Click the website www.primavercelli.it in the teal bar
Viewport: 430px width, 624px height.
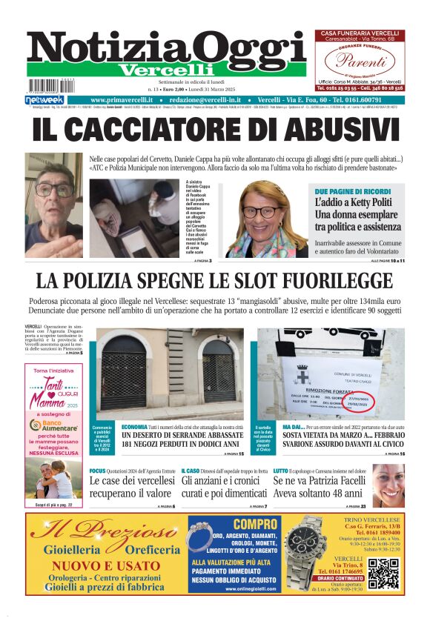[x=126, y=100]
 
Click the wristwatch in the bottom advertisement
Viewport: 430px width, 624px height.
[x=305, y=552]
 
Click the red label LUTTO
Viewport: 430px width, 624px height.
[x=280, y=471]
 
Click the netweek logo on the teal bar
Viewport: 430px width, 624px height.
[x=44, y=100]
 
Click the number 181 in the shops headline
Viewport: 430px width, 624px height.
[x=133, y=445]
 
